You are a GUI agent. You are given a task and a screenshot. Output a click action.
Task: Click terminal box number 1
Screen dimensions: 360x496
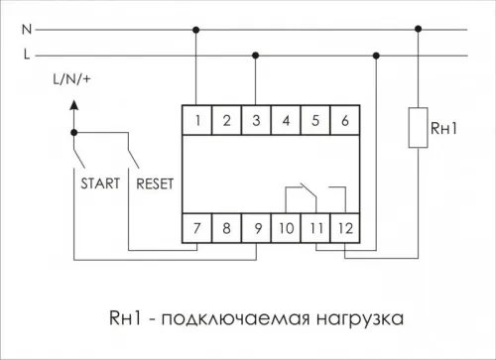[199, 121]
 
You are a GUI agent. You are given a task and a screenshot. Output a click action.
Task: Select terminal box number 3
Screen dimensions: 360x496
[257, 121]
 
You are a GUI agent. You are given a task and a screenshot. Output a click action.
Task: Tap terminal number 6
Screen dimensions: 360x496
[343, 121]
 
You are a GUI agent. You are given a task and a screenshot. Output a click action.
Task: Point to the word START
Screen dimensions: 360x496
[97, 182]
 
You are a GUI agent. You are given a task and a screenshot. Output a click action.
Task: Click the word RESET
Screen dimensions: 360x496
[154, 182]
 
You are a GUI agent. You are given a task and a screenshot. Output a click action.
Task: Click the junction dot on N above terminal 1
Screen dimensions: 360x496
[199, 29]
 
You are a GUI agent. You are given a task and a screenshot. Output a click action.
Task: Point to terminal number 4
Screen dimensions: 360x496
[286, 121]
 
